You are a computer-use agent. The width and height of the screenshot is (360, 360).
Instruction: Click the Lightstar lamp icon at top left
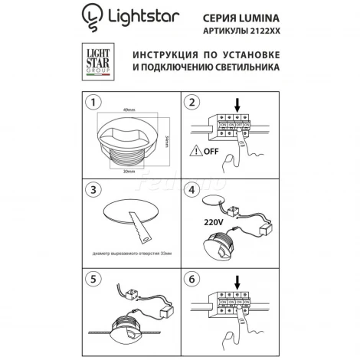click(x=91, y=18)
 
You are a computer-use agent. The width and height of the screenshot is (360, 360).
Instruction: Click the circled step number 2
click(x=192, y=101)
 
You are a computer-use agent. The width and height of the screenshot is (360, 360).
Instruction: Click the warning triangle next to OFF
click(x=195, y=151)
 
